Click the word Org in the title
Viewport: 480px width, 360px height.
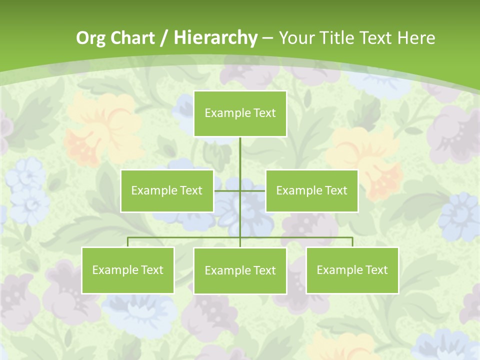click(x=90, y=38)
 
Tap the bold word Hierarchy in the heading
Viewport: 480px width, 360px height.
click(x=215, y=38)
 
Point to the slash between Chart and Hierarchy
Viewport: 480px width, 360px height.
click(x=164, y=38)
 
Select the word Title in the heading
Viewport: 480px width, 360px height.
click(x=338, y=38)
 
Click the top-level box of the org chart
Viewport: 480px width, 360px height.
click(x=240, y=113)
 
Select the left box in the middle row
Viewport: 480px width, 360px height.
click(x=167, y=190)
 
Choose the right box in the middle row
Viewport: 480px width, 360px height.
click(x=311, y=190)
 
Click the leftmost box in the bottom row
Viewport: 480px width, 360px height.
click(x=128, y=270)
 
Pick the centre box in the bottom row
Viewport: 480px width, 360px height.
click(x=240, y=270)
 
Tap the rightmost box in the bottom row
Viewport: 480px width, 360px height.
click(x=352, y=270)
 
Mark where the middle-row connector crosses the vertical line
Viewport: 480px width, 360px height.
click(x=240, y=190)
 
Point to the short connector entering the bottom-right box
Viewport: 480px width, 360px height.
click(x=352, y=242)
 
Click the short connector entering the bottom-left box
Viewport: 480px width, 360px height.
click(x=128, y=242)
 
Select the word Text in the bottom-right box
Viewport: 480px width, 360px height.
click(x=376, y=270)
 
